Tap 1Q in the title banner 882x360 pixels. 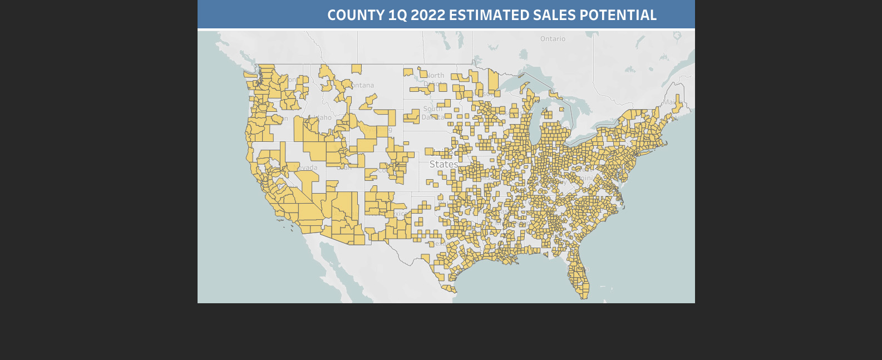tap(397, 15)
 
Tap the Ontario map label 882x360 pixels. tap(553, 39)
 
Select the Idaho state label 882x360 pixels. tap(323, 117)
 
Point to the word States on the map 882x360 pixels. tap(444, 165)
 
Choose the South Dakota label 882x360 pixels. tap(432, 112)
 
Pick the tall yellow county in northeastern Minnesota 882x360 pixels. tap(493, 81)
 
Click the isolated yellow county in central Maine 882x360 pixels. tap(677, 104)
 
